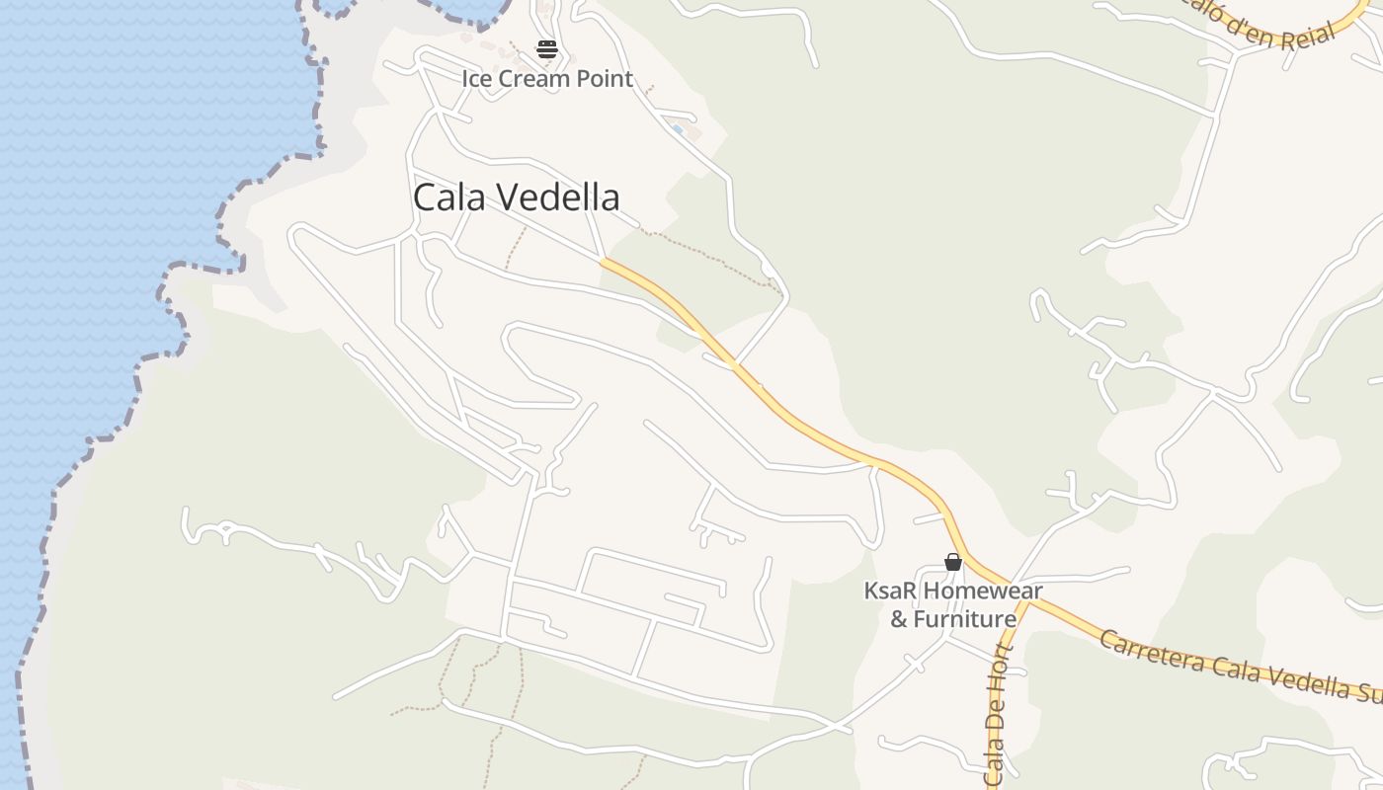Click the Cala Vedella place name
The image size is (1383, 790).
click(x=516, y=197)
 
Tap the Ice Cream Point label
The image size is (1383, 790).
click(x=547, y=79)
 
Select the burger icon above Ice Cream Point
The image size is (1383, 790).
click(x=547, y=49)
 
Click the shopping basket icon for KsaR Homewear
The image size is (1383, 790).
click(x=953, y=563)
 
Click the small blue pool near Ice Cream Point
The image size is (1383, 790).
click(x=677, y=129)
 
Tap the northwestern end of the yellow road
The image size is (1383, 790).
click(x=605, y=262)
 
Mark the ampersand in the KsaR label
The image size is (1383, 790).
click(x=899, y=619)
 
